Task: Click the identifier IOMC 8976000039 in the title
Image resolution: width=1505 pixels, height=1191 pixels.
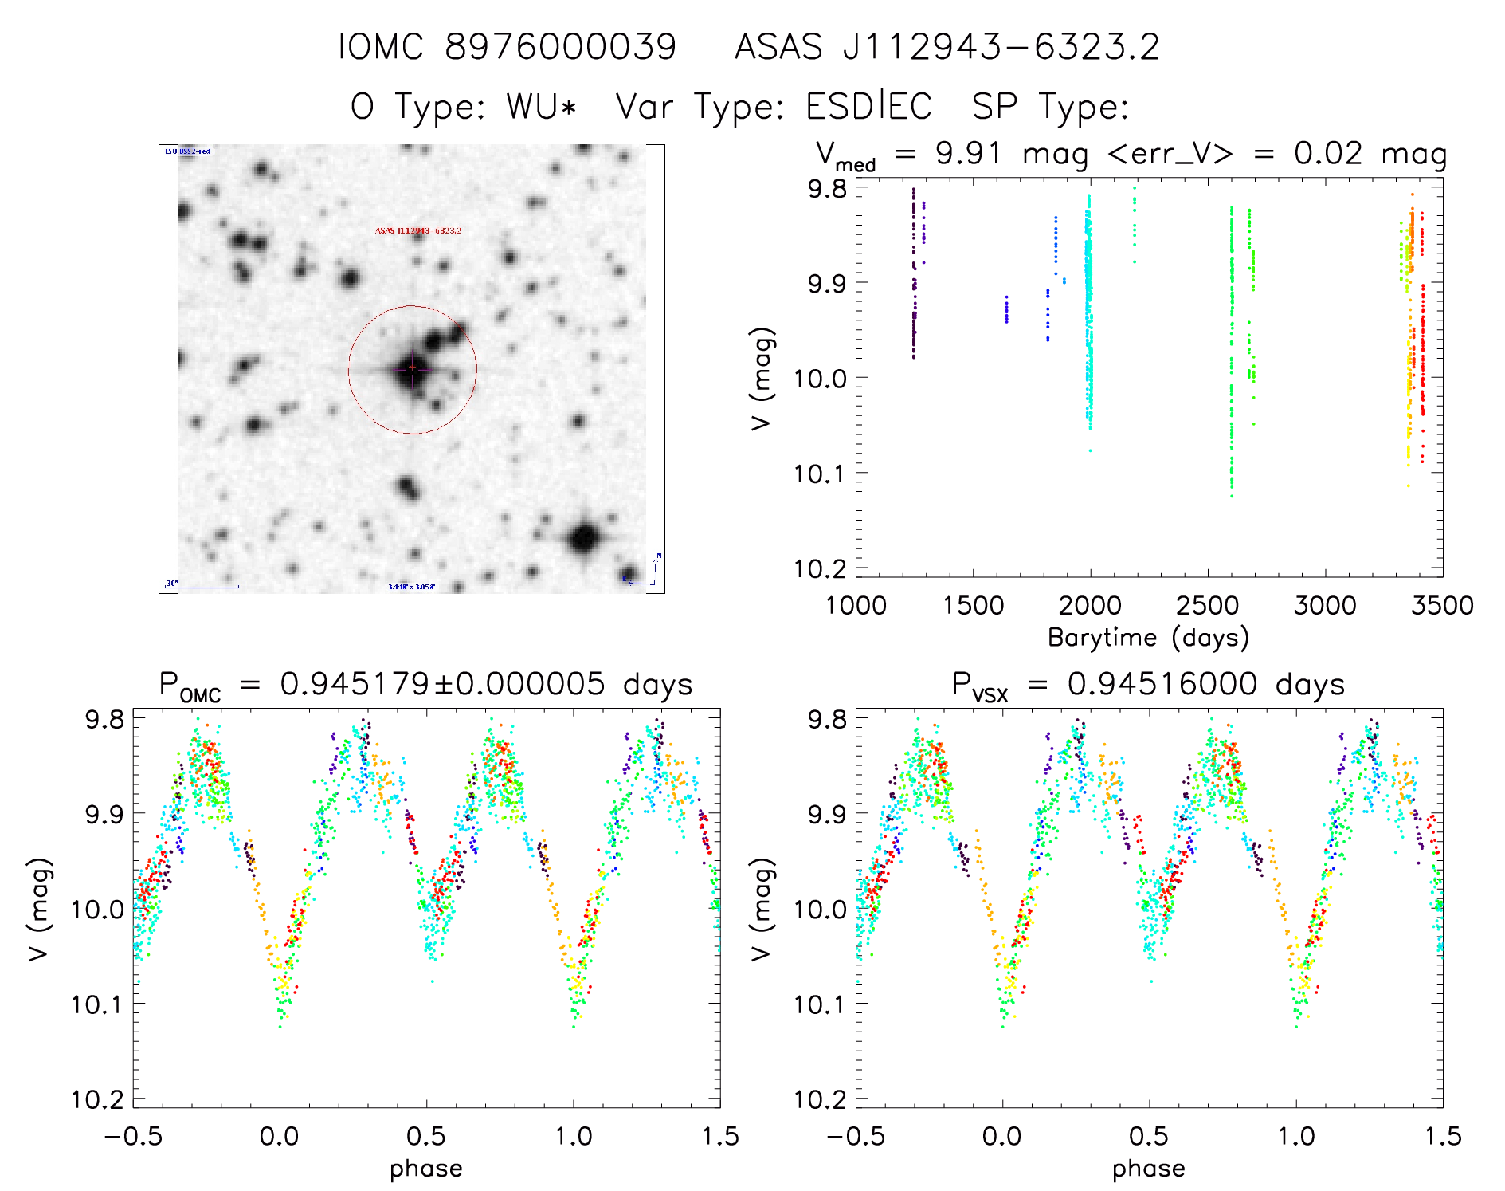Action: coord(508,47)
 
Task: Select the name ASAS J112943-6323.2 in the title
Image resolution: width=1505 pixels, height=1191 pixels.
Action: coord(947,47)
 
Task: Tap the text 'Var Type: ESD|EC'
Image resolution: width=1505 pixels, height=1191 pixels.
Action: coord(774,107)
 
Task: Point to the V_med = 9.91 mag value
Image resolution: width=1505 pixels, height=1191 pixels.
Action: coord(952,154)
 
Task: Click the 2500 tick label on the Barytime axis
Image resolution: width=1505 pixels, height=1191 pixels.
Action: coord(1207,605)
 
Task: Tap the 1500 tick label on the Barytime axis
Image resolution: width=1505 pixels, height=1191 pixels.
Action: coord(973,605)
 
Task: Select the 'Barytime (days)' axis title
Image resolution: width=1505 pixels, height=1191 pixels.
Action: coord(1148,638)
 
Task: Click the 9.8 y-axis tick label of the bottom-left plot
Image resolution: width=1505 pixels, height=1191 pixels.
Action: coord(104,719)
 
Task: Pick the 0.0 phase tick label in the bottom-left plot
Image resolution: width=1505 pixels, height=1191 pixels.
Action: coord(280,1136)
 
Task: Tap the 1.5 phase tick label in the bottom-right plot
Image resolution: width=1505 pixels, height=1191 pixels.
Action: coord(1442,1136)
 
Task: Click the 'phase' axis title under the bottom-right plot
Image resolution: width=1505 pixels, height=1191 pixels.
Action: coord(1148,1169)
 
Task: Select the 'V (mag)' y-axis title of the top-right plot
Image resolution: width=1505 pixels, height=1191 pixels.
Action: coord(762,379)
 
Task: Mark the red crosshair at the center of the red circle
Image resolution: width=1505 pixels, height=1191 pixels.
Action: coord(412,368)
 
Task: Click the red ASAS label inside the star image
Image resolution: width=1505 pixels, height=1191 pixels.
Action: coord(417,230)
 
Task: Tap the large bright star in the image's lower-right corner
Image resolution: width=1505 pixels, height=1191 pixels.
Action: coord(585,538)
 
